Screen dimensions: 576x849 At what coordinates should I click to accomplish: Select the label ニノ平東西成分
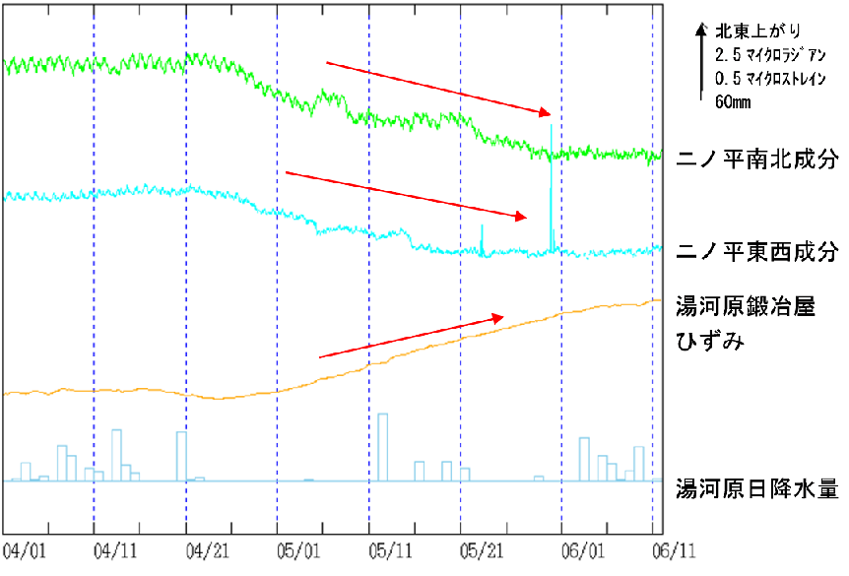point(758,250)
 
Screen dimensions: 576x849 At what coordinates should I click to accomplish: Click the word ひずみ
point(708,342)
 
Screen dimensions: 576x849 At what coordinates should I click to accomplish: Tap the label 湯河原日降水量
point(757,487)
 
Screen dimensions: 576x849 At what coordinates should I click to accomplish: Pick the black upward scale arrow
point(700,59)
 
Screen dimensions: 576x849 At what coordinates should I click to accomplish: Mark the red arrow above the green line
point(438,89)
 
